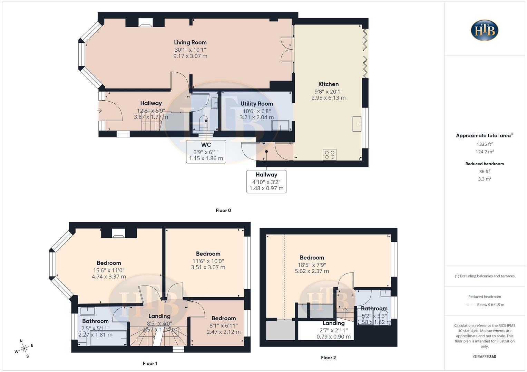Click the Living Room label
click(x=190, y=42)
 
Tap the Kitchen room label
click(x=328, y=84)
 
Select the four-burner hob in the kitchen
click(x=330, y=155)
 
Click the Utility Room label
click(x=256, y=104)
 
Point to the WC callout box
click(x=206, y=152)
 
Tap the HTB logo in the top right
click(x=485, y=30)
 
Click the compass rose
click(x=24, y=349)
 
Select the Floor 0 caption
click(x=223, y=210)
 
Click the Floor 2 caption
click(x=328, y=358)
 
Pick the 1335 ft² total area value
click(x=485, y=144)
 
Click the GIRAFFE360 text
click(x=485, y=356)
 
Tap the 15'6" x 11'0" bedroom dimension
click(x=109, y=270)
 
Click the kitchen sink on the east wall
click(x=357, y=124)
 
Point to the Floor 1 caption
click(x=150, y=363)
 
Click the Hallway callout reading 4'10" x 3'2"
click(x=266, y=182)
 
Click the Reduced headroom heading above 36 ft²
click(x=485, y=164)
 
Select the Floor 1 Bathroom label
click(x=95, y=321)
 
